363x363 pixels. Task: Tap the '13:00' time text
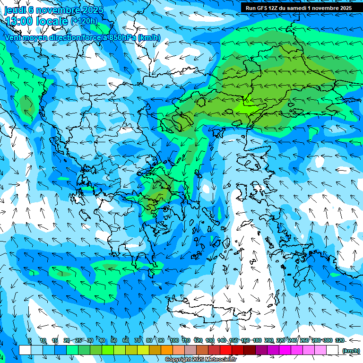pos(18,21)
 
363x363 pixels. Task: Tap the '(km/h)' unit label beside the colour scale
pos(350,351)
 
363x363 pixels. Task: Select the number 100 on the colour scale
pos(174,340)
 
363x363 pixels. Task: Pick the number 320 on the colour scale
pos(339,340)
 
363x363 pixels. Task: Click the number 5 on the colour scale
pos(29,340)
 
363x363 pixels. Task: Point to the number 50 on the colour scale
pos(114,340)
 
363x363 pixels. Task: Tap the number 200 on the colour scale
pos(269,340)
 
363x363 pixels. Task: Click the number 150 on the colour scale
pos(233,340)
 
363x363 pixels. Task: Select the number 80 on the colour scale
pos(149,340)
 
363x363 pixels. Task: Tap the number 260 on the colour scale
pos(304,340)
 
